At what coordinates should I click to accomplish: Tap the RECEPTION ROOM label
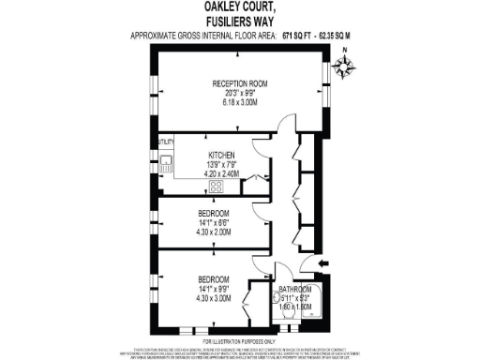pos(240,83)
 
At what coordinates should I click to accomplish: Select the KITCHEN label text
pos(220,155)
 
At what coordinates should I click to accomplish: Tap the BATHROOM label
pos(294,289)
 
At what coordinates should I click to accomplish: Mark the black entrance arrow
pos(323,265)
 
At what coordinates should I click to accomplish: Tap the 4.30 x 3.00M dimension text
pos(214,299)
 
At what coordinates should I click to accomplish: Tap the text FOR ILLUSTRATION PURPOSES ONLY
pos(240,341)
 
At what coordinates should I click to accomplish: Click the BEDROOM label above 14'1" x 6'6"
pos(214,213)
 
